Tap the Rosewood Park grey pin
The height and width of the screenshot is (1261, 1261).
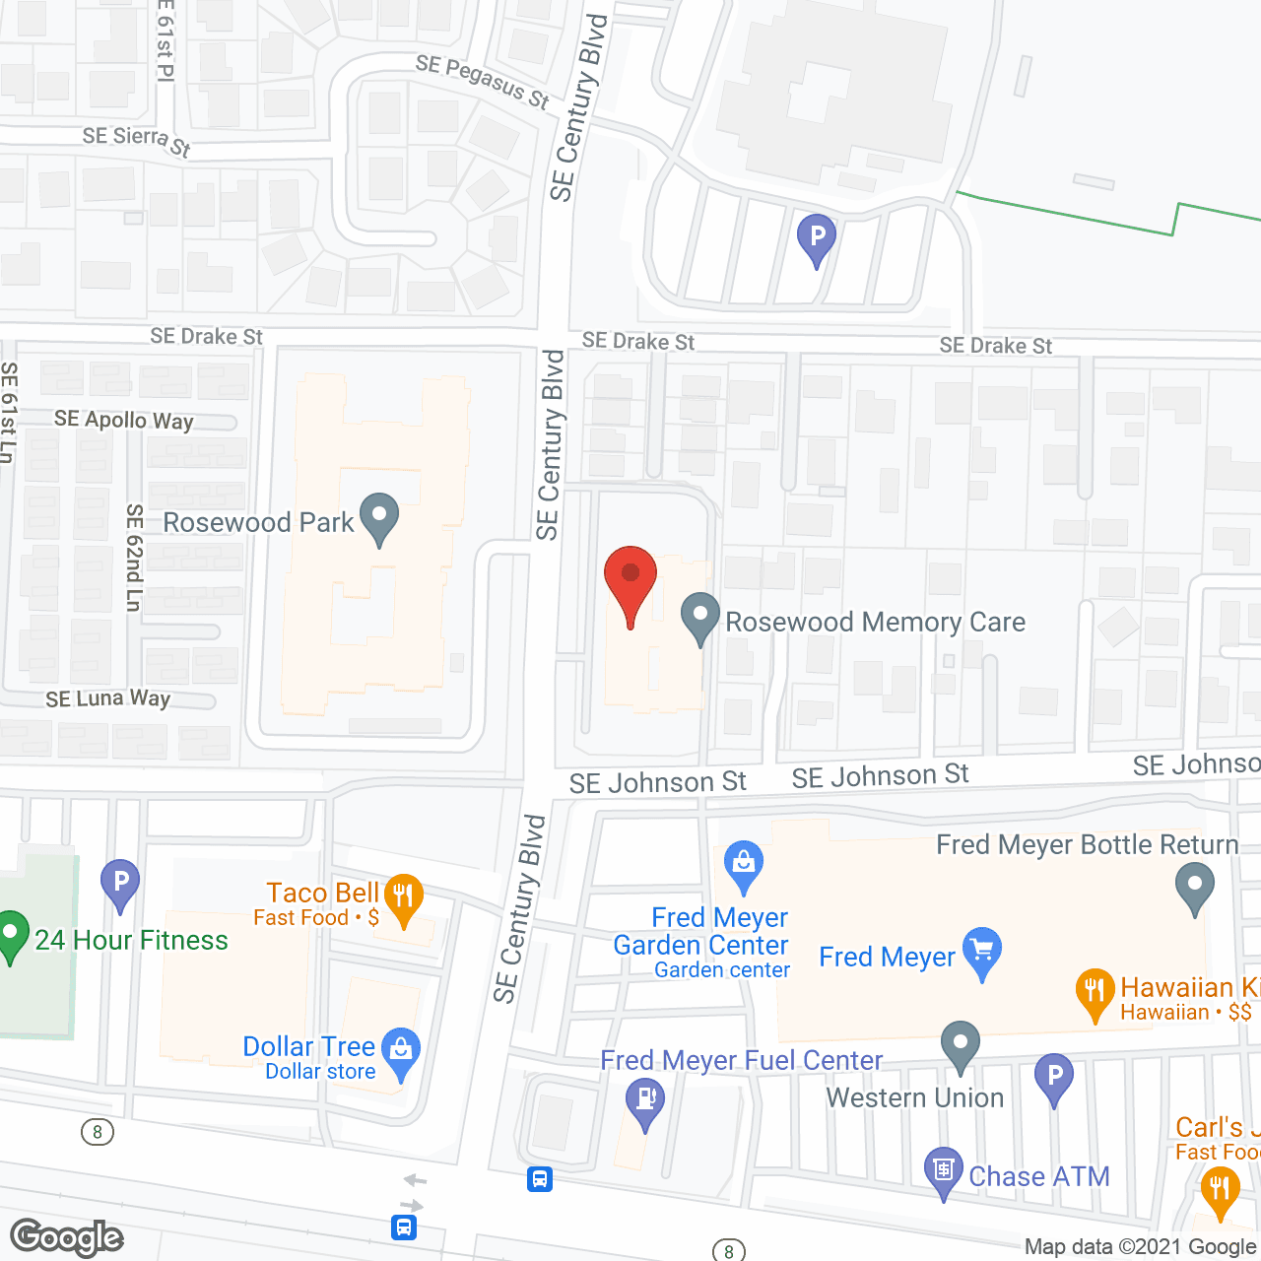(378, 517)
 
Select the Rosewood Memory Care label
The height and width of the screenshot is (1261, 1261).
(875, 623)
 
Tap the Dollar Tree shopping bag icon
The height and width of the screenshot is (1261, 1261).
(401, 1051)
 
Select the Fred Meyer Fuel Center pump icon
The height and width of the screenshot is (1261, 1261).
(645, 1099)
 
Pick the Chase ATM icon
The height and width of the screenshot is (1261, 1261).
(943, 1171)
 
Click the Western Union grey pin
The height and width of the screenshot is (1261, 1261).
(960, 1045)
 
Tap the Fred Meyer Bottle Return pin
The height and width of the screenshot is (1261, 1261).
(1194, 887)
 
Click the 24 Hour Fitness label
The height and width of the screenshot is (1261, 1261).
(131, 941)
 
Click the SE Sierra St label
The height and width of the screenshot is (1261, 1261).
(136, 141)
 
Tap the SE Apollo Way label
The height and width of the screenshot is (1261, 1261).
(124, 421)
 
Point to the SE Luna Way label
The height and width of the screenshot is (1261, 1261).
(108, 699)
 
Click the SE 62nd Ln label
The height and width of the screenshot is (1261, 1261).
(135, 557)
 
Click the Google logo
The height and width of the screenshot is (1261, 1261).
(67, 1237)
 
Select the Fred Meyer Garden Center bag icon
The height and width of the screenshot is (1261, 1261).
(744, 864)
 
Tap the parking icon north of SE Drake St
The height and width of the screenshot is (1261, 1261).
(816, 238)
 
